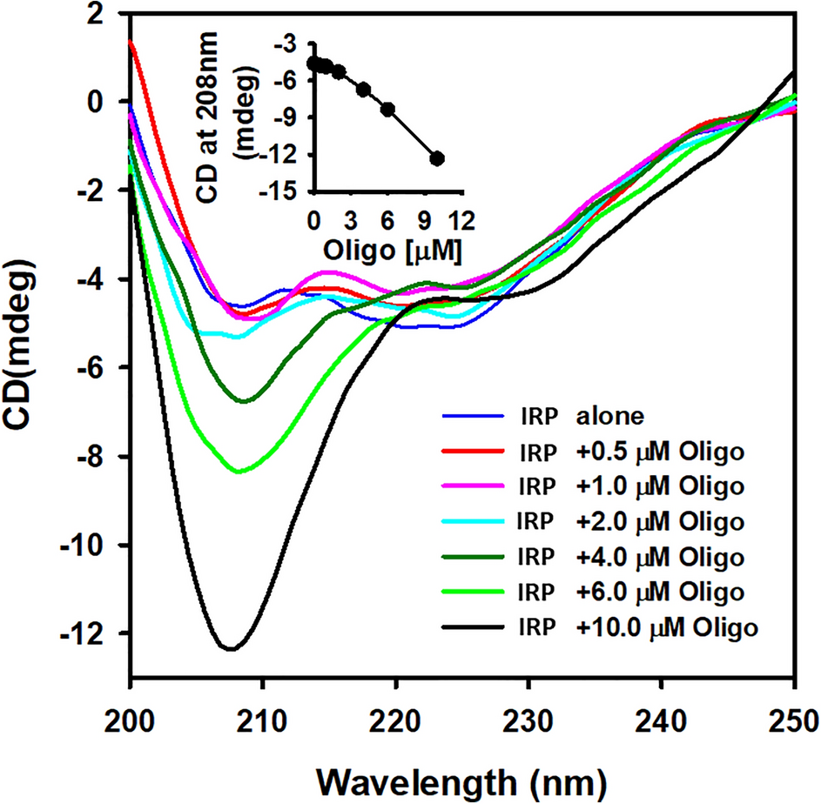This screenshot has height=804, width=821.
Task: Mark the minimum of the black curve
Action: click(230, 648)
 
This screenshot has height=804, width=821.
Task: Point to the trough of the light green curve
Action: click(239, 471)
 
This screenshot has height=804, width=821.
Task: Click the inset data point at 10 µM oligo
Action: click(437, 158)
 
